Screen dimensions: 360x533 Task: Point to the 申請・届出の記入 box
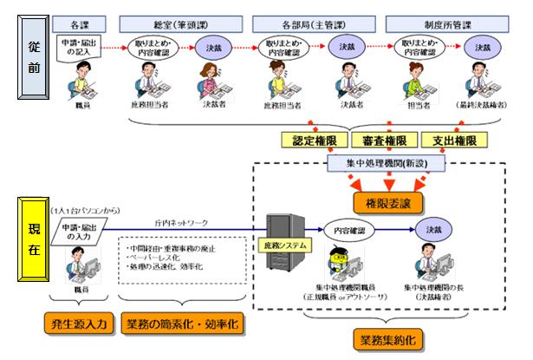pyautogui.click(x=75, y=47)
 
